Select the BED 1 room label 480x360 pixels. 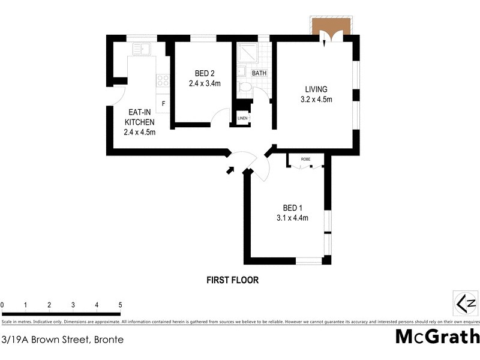click(x=288, y=208)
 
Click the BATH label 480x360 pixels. click(x=259, y=73)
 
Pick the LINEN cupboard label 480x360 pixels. click(x=242, y=118)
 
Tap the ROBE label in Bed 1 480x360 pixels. click(x=305, y=160)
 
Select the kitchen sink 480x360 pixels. click(x=142, y=48)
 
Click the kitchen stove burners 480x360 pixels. click(x=163, y=79)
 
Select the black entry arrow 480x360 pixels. click(x=230, y=170)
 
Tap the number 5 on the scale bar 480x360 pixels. click(x=121, y=305)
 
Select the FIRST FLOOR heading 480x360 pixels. click(x=232, y=280)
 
